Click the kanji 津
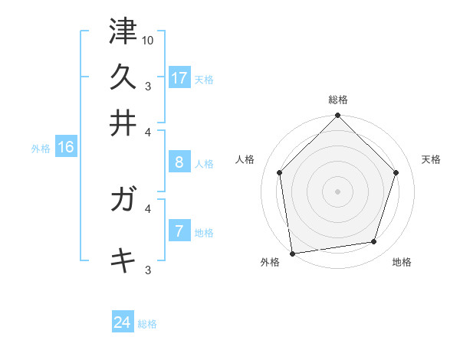(123, 31)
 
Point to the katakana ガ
(123, 201)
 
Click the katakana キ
(123, 260)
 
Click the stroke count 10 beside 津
(148, 40)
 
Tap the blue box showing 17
(179, 77)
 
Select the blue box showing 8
(179, 162)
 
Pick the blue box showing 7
(179, 231)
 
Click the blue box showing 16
(66, 147)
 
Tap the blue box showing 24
(123, 322)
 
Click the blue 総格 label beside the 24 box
(147, 324)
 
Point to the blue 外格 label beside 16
(41, 149)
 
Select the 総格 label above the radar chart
(338, 100)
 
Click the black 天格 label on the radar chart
(431, 159)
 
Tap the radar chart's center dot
(337, 191)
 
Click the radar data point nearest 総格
(337, 117)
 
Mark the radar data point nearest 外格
(292, 252)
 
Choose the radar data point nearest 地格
(374, 242)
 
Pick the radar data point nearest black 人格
(280, 172)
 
